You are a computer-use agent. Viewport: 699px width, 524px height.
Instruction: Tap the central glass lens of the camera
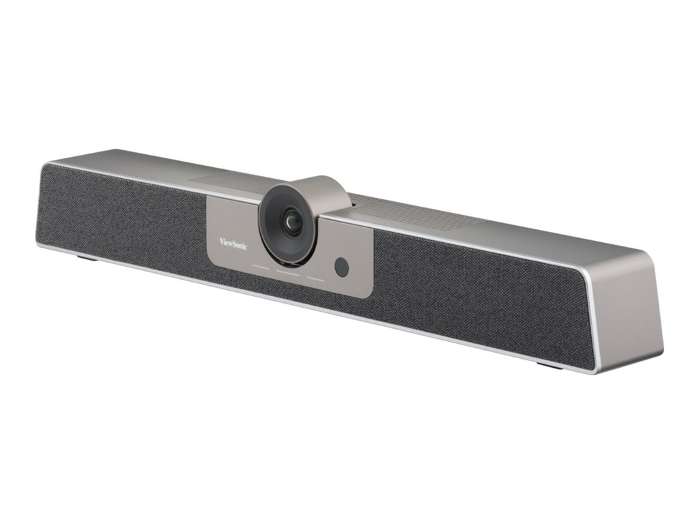[x=293, y=222]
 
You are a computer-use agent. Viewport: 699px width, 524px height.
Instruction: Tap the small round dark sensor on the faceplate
[x=342, y=267]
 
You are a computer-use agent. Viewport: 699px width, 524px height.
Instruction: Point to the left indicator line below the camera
[x=260, y=266]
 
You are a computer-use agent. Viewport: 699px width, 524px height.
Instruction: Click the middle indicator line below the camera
[x=287, y=272]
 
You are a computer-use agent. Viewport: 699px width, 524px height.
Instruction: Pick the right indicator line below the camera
[x=315, y=278]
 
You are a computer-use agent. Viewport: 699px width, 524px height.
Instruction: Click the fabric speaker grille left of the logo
[x=123, y=218]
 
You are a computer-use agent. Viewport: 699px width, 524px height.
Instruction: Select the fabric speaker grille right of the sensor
[x=478, y=293]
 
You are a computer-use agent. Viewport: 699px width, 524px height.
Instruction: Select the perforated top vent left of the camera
[x=225, y=179]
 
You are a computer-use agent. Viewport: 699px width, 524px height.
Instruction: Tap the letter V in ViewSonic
[x=222, y=239]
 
